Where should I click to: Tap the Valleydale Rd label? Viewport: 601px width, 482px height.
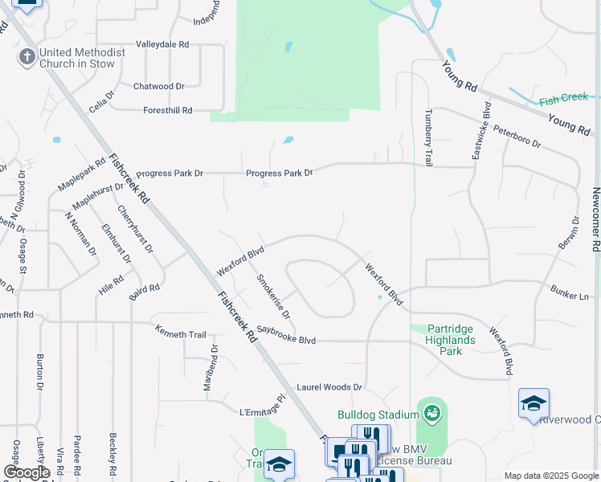click(x=162, y=44)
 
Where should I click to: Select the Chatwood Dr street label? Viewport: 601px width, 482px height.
click(x=159, y=86)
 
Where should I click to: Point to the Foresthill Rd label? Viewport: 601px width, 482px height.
click(x=168, y=110)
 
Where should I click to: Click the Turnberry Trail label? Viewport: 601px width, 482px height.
click(x=429, y=138)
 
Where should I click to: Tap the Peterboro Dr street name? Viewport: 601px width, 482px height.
click(x=517, y=136)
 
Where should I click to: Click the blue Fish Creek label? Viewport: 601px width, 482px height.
click(x=564, y=99)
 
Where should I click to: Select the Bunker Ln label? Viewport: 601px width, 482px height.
click(x=570, y=292)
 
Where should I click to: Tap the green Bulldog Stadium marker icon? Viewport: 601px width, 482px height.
click(x=431, y=413)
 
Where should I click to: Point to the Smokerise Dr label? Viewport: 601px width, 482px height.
click(x=273, y=296)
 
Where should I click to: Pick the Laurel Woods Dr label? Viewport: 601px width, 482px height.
click(x=330, y=387)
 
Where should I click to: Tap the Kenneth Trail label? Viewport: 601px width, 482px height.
click(x=181, y=333)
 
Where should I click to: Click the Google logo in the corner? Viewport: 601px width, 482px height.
click(x=27, y=472)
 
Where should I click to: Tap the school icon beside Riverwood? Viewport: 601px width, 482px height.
click(x=534, y=403)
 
